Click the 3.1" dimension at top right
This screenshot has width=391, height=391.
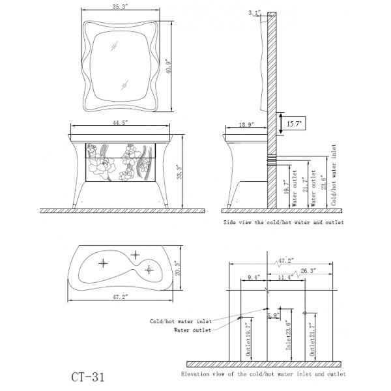click(255, 12)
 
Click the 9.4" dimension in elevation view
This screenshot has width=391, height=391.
click(254, 278)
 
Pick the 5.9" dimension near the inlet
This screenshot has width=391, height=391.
click(274, 316)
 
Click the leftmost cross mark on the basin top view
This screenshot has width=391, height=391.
click(102, 263)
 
